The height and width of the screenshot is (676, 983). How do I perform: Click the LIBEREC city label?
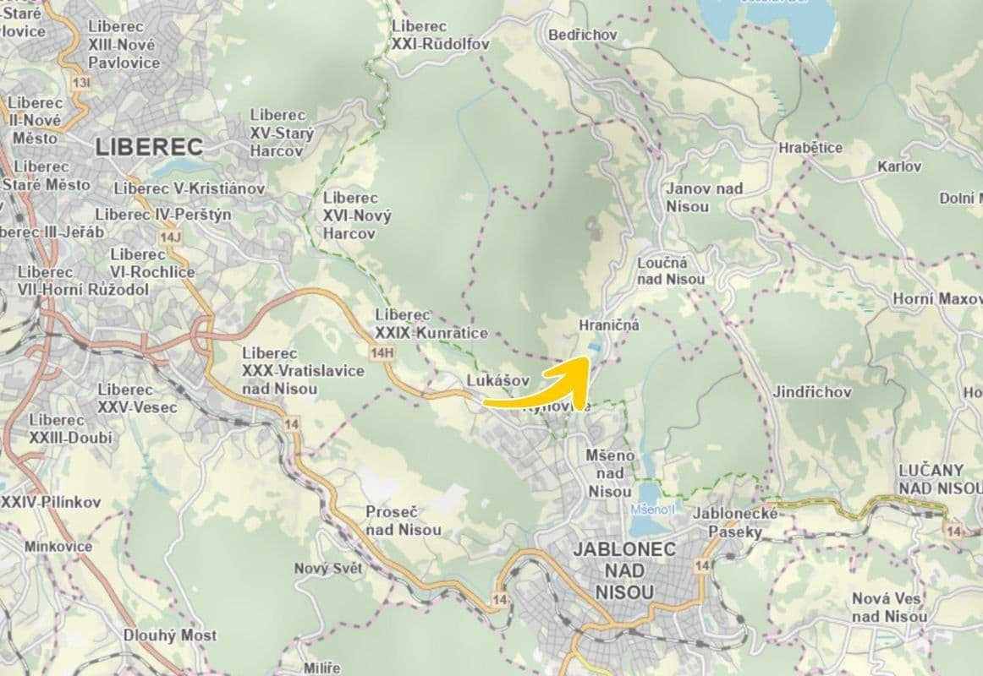149,146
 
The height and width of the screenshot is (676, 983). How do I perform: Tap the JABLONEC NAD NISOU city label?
624,570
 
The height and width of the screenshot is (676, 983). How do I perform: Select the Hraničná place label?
609,324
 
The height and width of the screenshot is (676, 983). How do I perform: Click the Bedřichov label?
583,35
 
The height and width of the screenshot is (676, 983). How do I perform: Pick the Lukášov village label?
498,381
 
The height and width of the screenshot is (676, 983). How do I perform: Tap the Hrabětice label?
810,148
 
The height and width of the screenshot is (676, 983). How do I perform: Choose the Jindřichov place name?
811,392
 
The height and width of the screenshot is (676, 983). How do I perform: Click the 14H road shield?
382,352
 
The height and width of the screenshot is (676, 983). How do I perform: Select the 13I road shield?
81,83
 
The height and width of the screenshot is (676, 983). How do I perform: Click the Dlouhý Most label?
170,635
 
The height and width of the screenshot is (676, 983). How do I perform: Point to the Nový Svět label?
327,569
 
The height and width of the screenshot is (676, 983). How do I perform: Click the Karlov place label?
899,166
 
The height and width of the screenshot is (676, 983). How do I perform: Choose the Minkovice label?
58,546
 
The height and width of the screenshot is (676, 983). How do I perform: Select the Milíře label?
322,668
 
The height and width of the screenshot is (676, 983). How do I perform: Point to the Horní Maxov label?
937,299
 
